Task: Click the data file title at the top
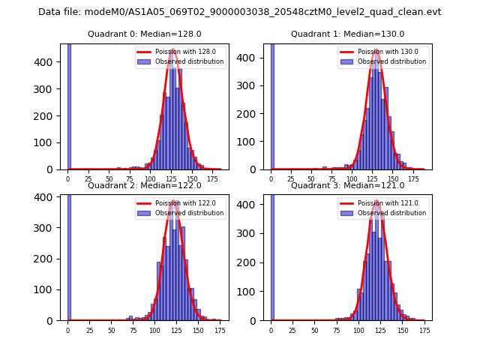(x=239, y=12)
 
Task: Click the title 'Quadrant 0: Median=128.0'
(x=144, y=34)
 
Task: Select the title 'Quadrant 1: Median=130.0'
(x=347, y=34)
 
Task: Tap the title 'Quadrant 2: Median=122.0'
(x=144, y=185)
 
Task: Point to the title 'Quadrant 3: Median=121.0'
(x=347, y=185)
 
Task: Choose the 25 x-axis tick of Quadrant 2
(x=89, y=330)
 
